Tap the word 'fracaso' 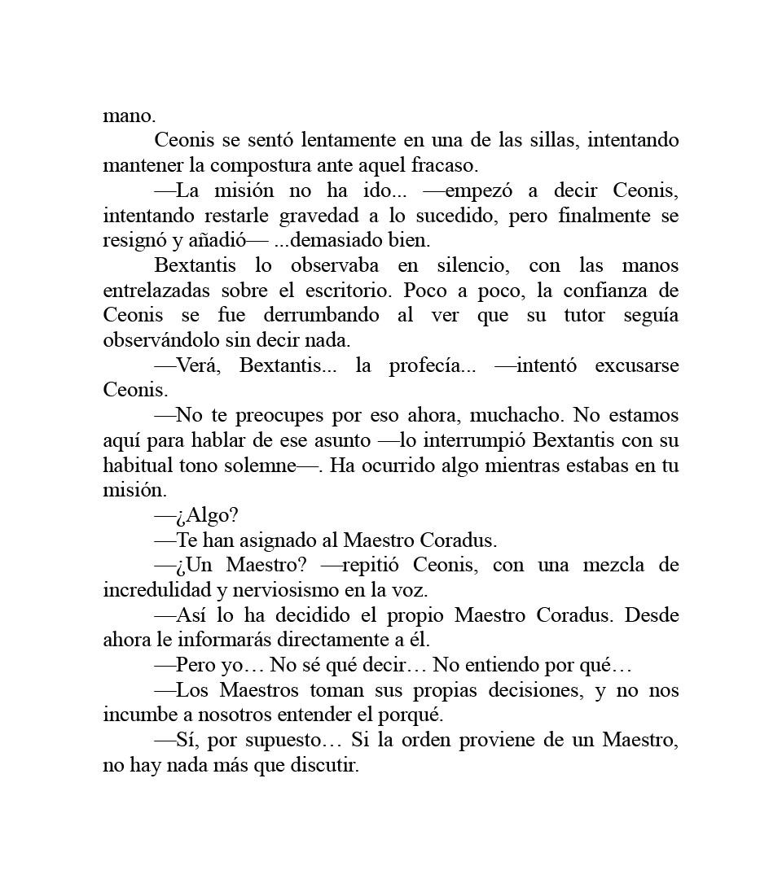pos(446,165)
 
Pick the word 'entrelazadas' pos(153,291)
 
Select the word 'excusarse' pos(637,365)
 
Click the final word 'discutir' pos(324,766)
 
